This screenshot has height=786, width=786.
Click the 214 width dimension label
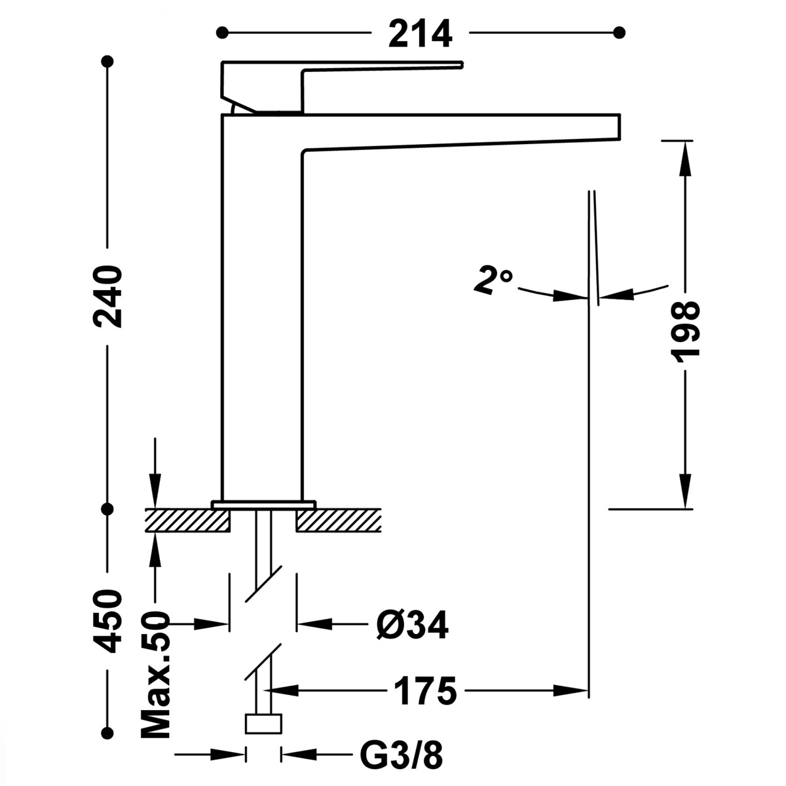[x=420, y=33]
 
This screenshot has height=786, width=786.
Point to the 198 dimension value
[x=686, y=332]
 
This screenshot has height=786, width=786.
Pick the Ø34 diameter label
[x=412, y=626]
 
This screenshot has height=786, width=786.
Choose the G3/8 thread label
[x=402, y=757]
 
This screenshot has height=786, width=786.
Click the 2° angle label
[x=493, y=281]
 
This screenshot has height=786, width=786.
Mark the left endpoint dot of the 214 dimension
[x=224, y=31]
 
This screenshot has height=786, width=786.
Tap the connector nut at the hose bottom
[x=263, y=724]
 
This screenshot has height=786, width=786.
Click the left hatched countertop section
[x=187, y=521]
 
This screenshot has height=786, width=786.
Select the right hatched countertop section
[x=338, y=521]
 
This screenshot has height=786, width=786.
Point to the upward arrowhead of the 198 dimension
[x=685, y=157]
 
